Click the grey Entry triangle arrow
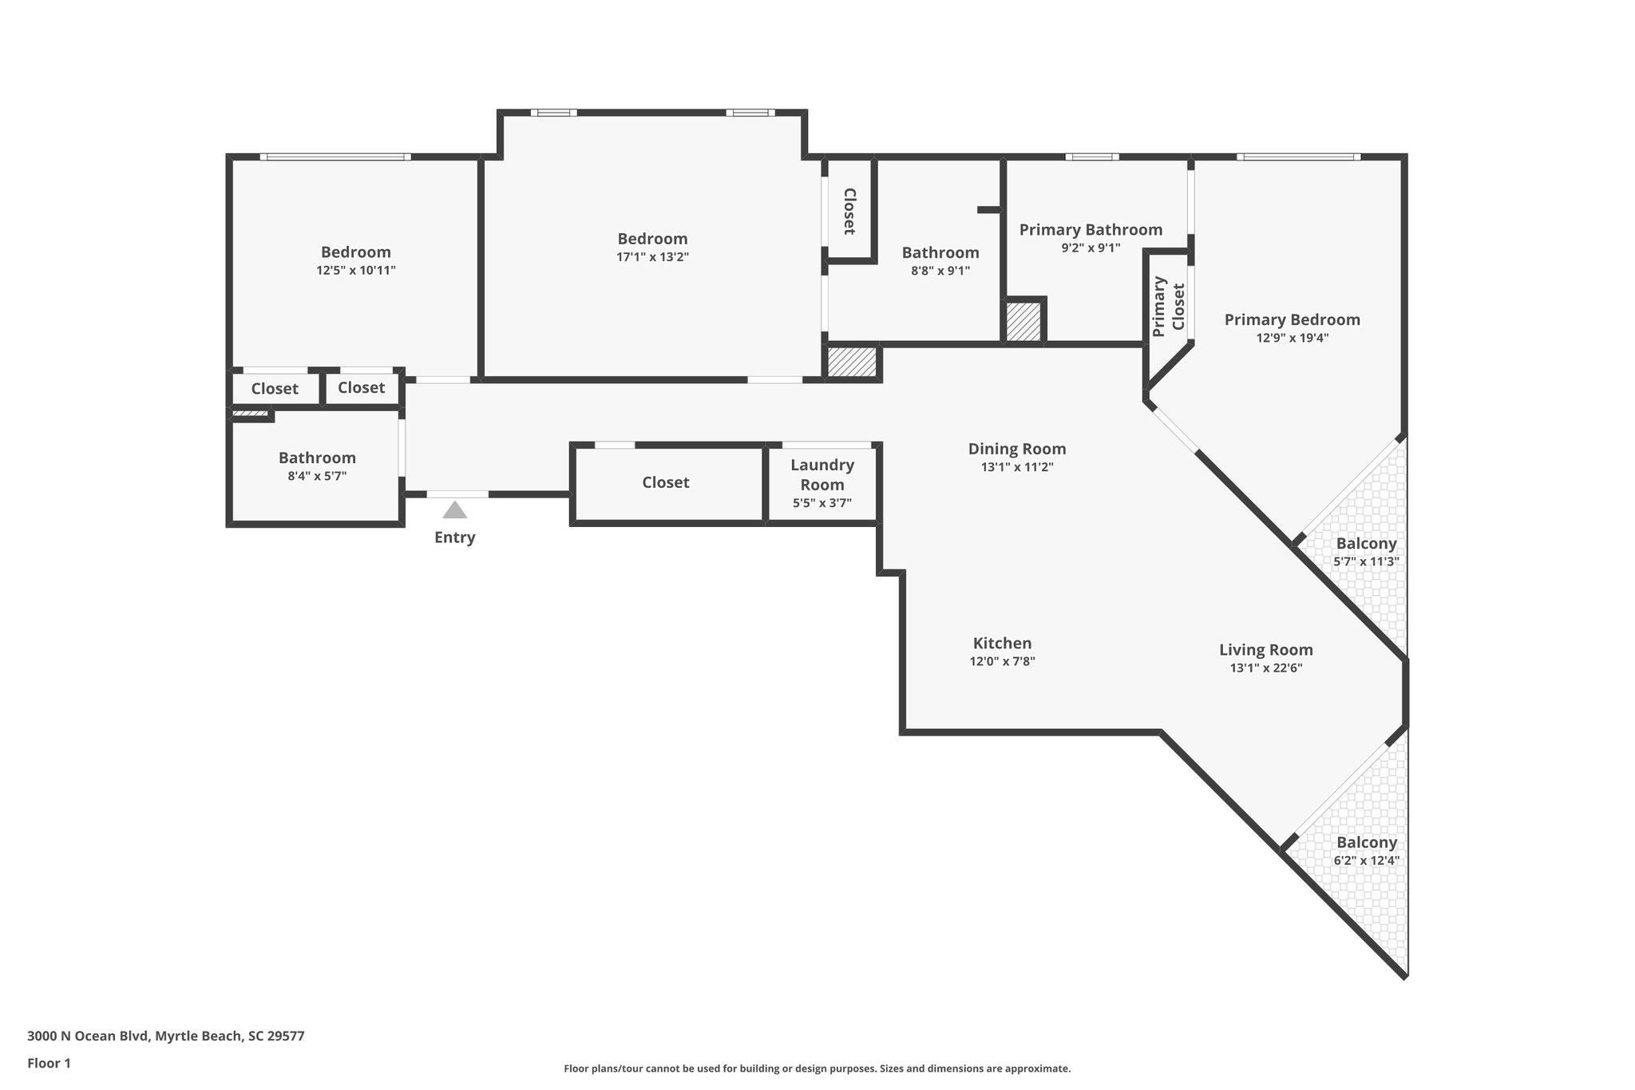pos(454,510)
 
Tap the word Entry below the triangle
pos(454,537)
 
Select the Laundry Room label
pos(822,474)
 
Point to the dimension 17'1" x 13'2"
pos(652,257)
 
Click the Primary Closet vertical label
pos(1169,307)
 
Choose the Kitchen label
pos(1002,643)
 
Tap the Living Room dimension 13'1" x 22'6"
pos(1266,668)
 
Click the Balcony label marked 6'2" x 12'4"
pos(1367,842)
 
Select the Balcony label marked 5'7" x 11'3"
pos(1366,544)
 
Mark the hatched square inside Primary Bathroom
pos(1023,323)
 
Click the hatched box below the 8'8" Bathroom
pos(852,363)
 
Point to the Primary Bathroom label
pos(1091,230)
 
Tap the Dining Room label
pos(1017,449)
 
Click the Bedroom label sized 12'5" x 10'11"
pos(356,252)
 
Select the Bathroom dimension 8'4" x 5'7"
pos(317,476)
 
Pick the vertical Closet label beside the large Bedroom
pos(849,212)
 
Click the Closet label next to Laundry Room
pos(666,482)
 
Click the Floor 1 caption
pos(49,1063)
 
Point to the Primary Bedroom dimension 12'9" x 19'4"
pos(1292,338)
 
